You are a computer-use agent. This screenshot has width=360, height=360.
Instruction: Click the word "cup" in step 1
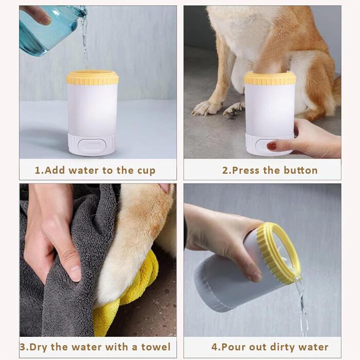pyautogui.click(x=146, y=171)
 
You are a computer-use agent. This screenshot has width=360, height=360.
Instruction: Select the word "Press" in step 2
pyautogui.click(x=245, y=170)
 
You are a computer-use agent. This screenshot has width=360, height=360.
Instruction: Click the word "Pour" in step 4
pyautogui.click(x=234, y=347)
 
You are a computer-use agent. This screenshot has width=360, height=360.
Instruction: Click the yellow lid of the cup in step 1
pyautogui.click(x=92, y=78)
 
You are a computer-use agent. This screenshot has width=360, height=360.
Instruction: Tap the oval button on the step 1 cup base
pyautogui.click(x=92, y=146)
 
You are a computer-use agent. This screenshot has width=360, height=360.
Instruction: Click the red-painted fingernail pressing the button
pyautogui.click(x=272, y=146)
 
